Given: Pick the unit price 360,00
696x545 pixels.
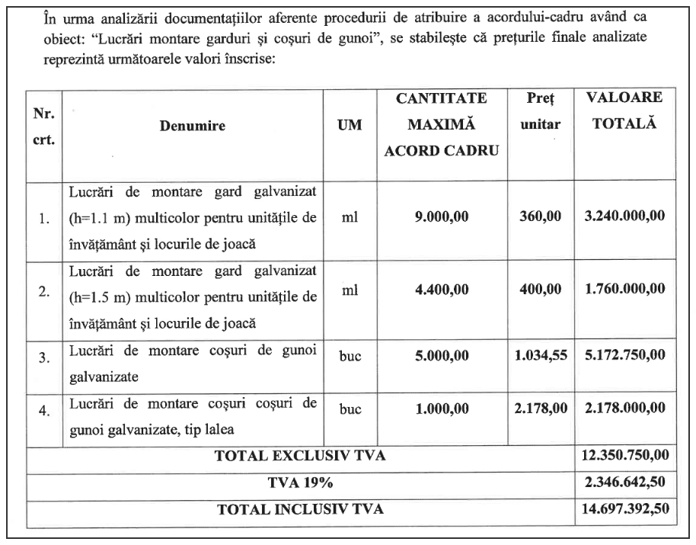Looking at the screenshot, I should point(541,217).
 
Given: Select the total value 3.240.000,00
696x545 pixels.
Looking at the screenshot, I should point(624,217).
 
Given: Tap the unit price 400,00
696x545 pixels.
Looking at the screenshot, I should point(541,289).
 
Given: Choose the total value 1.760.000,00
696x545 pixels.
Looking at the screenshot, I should point(624,289).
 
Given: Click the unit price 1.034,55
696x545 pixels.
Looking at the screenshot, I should point(541,354).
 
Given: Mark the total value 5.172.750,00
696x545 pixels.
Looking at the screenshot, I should point(624,354).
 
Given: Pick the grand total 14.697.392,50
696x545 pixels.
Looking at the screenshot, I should point(624,509).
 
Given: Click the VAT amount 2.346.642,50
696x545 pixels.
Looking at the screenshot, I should point(624,483).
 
